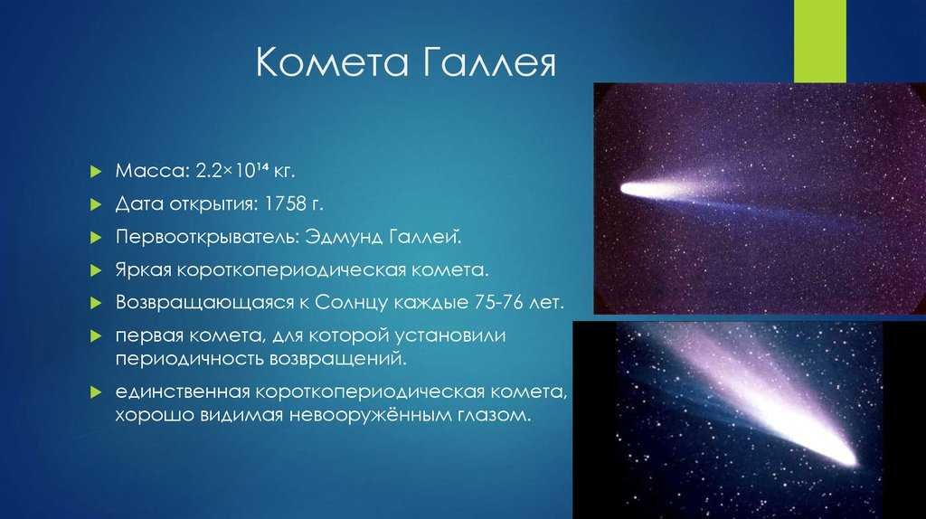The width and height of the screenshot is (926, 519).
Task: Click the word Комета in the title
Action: pyautogui.click(x=332, y=62)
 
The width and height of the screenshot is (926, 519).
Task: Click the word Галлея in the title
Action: pyautogui.click(x=489, y=62)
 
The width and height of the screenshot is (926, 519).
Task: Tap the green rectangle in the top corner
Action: pyautogui.click(x=819, y=41)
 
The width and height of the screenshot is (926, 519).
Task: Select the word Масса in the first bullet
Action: pyautogui.click(x=151, y=171)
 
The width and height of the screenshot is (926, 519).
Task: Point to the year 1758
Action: pyautogui.click(x=286, y=203)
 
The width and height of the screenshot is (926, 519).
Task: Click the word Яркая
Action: pyautogui.click(x=143, y=269)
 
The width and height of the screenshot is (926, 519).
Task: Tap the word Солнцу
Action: pyautogui.click(x=351, y=302)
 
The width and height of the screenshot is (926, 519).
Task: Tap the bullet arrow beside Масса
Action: pyautogui.click(x=96, y=172)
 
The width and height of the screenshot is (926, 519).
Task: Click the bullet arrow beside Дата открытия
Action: pyautogui.click(x=96, y=205)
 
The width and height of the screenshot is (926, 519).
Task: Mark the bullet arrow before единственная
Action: pyautogui.click(x=96, y=392)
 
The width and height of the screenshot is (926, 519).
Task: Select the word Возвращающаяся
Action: pyautogui.click(x=204, y=302)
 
